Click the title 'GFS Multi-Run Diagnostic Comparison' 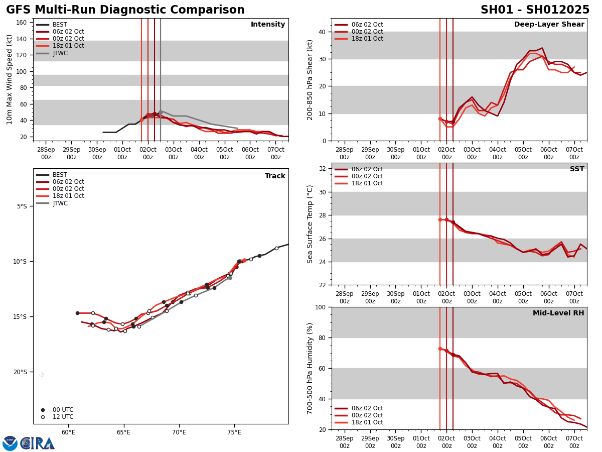[125, 10]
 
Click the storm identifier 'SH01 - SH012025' [535, 10]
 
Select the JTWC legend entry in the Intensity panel [60, 53]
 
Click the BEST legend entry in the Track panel [60, 175]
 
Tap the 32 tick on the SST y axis [322, 169]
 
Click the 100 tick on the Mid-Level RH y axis [320, 307]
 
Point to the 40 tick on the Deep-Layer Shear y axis [322, 32]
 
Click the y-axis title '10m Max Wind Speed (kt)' [10, 79]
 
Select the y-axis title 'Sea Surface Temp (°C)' [310, 224]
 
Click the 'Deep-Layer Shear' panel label [549, 25]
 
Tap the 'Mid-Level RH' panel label [558, 313]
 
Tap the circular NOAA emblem [10, 443]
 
